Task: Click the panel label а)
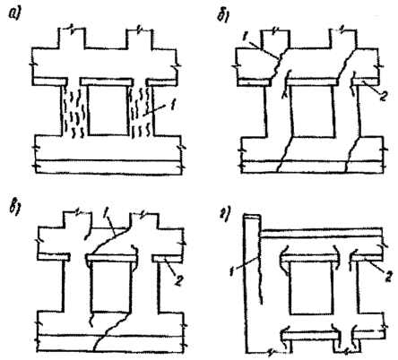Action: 14,13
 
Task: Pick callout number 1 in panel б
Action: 244,37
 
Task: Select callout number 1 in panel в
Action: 105,213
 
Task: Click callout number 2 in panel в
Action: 177,280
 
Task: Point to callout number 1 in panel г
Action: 232,272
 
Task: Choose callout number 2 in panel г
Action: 387,278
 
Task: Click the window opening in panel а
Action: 108,110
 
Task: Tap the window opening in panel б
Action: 312,112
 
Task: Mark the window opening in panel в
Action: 111,287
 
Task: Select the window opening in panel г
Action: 312,288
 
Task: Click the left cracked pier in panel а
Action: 74,111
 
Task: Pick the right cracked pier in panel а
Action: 142,111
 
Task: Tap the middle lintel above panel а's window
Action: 107,81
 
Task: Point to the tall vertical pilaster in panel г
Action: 253,284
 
